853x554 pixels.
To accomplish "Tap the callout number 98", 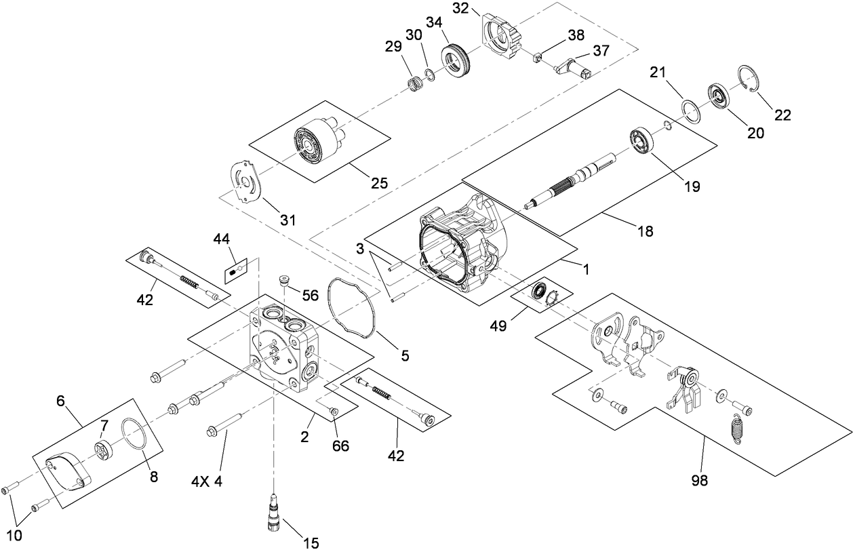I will (x=699, y=480).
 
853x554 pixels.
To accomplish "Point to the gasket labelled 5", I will (x=353, y=311).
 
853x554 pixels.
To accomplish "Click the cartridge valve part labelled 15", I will (x=275, y=509).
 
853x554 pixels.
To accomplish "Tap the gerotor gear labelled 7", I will (x=103, y=449).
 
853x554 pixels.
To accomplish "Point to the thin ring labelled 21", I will (x=690, y=111).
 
